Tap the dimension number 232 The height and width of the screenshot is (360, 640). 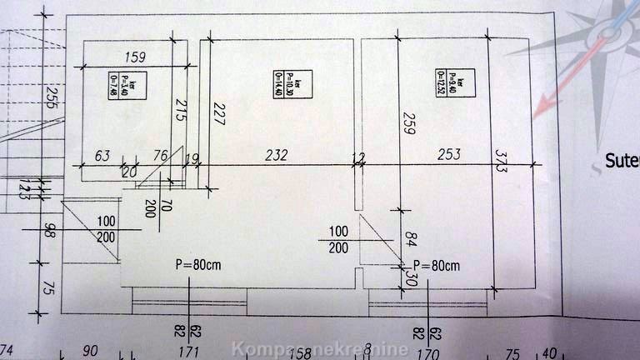point(277,155)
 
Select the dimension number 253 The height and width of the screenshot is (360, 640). point(448,154)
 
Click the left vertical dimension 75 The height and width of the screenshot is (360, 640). point(49,287)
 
